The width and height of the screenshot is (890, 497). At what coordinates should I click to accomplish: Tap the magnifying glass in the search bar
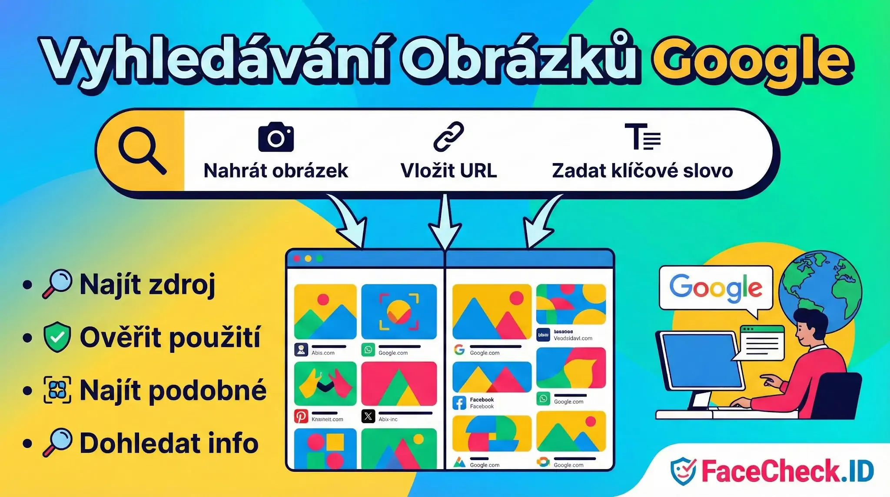click(x=141, y=150)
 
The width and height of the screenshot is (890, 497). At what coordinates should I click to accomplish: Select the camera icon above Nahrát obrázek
click(x=276, y=137)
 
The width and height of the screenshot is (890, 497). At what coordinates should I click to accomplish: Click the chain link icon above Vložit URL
click(x=448, y=137)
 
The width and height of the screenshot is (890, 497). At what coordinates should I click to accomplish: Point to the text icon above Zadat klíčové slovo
click(x=642, y=137)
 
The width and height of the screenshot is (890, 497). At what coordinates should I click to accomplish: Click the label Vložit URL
click(x=448, y=170)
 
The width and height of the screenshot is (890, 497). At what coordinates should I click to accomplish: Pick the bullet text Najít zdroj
click(x=147, y=285)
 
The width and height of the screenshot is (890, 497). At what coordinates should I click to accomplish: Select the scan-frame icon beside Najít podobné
click(x=57, y=390)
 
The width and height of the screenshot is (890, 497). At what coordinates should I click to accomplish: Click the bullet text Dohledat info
click(x=169, y=443)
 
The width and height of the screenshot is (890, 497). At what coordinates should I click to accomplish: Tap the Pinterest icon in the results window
click(x=301, y=417)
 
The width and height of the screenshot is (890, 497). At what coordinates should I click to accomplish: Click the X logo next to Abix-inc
click(x=368, y=417)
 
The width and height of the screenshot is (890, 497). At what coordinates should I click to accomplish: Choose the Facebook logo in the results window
click(x=459, y=403)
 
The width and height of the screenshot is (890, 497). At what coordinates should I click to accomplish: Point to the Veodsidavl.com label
click(x=573, y=338)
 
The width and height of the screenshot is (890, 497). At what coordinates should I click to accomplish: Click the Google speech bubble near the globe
click(x=715, y=288)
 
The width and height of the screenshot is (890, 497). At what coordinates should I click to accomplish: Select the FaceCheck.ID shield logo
click(x=684, y=471)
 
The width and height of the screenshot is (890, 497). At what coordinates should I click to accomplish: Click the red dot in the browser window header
click(x=297, y=258)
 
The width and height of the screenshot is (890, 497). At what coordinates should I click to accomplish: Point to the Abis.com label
click(x=323, y=353)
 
